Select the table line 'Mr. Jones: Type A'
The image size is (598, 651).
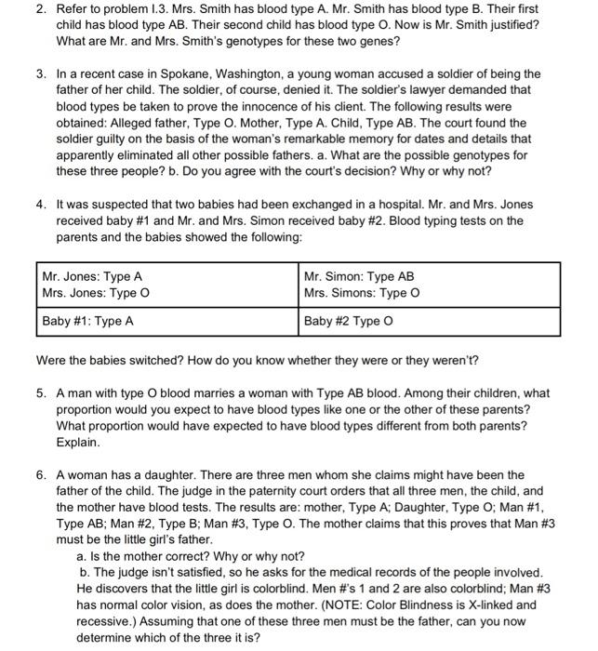(x=92, y=276)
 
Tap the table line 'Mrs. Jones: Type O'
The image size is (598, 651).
(x=95, y=294)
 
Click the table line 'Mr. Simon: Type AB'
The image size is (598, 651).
(x=359, y=276)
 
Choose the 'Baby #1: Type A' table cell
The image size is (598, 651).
(x=87, y=321)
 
